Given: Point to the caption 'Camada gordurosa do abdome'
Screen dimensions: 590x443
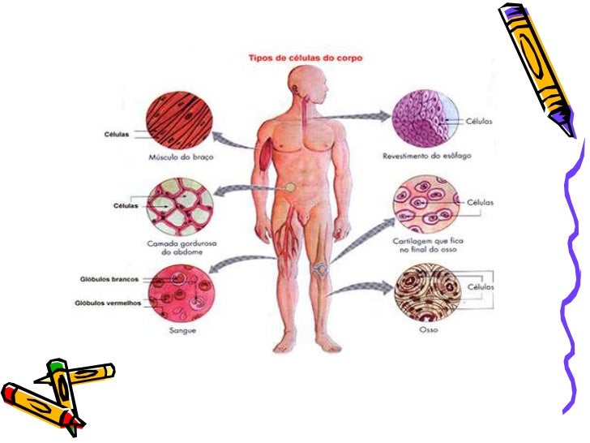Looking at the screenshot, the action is coord(186,247).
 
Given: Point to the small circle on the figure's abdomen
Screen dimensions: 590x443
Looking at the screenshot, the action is coord(289,187).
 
